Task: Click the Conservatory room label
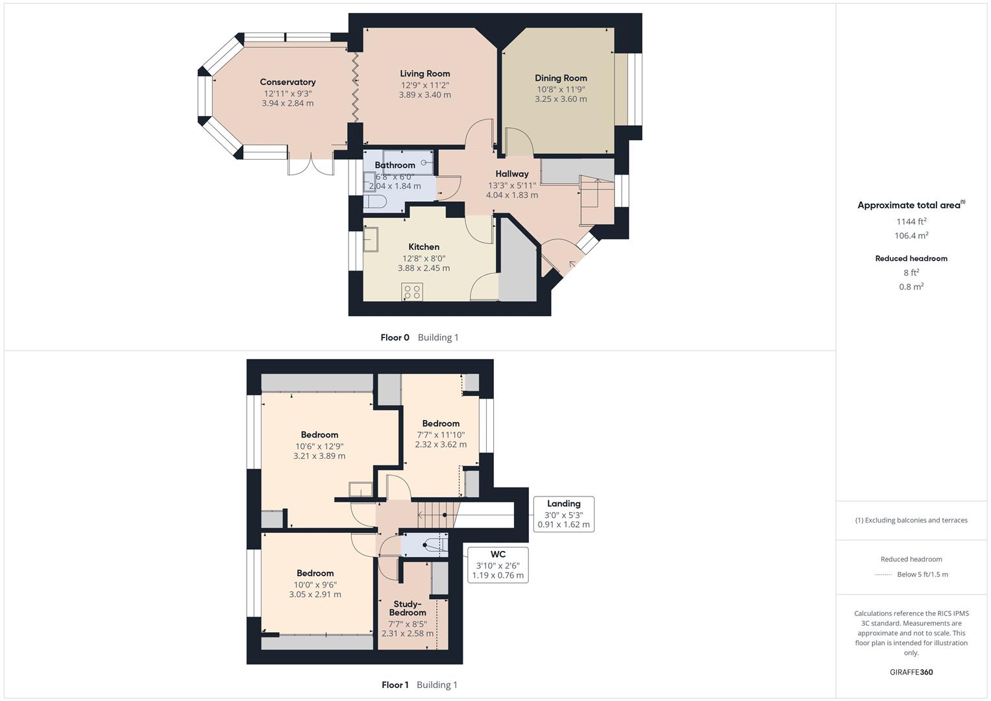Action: [288, 82]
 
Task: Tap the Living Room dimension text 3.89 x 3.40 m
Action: [424, 95]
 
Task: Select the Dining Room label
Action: [561, 78]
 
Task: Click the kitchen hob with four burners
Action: [412, 291]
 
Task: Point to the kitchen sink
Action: [371, 239]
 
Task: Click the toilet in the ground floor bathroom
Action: [374, 202]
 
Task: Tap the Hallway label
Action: [512, 174]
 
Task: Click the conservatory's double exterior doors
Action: [311, 166]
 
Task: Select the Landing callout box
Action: [563, 513]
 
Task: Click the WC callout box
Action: [498, 565]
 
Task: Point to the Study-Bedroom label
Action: [408, 608]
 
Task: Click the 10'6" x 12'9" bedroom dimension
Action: [319, 446]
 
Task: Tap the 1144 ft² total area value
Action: [911, 221]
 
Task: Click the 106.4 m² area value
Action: [911, 236]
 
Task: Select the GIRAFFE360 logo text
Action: [911, 672]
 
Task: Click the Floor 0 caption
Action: [395, 338]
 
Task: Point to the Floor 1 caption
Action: [395, 685]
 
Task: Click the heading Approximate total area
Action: [910, 205]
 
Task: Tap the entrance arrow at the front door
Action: [572, 264]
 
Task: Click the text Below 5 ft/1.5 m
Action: [922, 574]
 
